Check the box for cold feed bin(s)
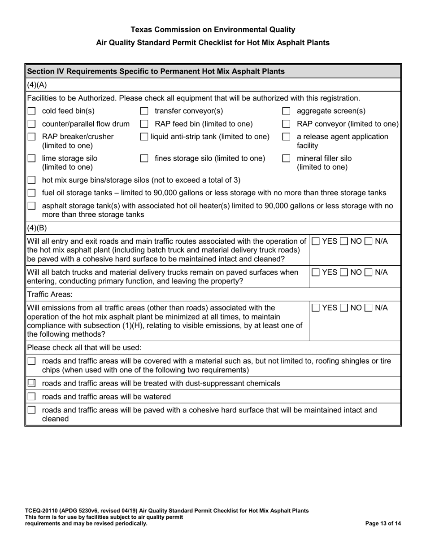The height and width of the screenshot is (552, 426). coord(31,111)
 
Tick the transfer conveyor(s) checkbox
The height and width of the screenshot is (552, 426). coord(144,111)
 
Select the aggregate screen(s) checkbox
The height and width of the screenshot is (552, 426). coord(286,111)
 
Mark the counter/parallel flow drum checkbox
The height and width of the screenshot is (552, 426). coord(31,124)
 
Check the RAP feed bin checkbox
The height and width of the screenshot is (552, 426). coord(144,124)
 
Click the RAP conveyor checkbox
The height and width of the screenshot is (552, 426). coord(286,124)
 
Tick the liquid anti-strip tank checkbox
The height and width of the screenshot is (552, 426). coord(144,137)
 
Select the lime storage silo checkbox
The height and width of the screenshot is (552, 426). coord(31,158)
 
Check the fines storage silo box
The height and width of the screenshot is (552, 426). coord(144,158)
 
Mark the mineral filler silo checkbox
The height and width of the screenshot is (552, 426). coord(286,158)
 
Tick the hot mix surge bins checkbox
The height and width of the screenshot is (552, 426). coord(31,180)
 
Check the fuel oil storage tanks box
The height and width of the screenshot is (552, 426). coord(31,193)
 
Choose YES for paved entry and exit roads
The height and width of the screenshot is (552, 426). coord(316,241)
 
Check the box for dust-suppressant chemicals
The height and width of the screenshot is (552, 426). coord(31,383)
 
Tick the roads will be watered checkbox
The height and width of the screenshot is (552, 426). coord(31,396)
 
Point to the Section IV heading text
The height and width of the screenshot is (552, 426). coord(156,71)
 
